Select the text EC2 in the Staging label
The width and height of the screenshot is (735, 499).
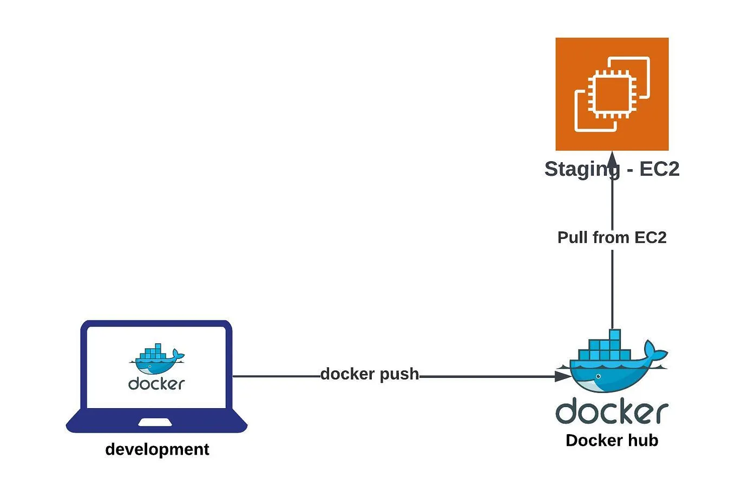(659, 169)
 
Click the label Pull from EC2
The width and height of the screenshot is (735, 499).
(612, 237)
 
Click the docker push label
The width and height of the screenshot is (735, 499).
(369, 374)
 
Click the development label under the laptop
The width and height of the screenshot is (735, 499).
(157, 449)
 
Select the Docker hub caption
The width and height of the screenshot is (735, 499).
(612, 441)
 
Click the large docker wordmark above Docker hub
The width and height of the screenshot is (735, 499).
(612, 412)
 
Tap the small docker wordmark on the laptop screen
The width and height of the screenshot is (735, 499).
(156, 384)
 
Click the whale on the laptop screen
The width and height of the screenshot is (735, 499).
(156, 360)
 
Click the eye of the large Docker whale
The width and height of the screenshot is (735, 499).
(598, 376)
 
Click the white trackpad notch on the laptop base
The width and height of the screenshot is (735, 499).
(156, 422)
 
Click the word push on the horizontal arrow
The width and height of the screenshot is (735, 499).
(399, 374)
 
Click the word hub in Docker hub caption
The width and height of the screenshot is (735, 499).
(643, 441)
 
